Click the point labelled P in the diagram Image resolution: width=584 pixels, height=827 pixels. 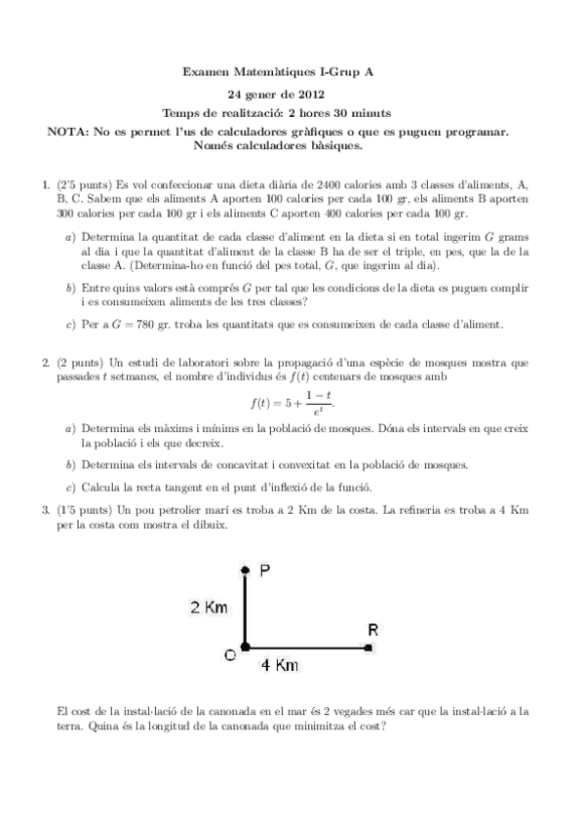coord(245,570)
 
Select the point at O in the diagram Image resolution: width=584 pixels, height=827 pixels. coord(245,646)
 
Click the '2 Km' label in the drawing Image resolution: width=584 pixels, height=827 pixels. coord(209,608)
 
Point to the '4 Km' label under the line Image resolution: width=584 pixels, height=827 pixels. coord(280,665)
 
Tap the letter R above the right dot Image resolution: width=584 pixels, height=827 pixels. coord(371,629)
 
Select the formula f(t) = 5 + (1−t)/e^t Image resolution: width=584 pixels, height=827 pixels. coord(293,401)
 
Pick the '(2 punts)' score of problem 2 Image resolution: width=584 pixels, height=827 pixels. coord(81,363)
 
